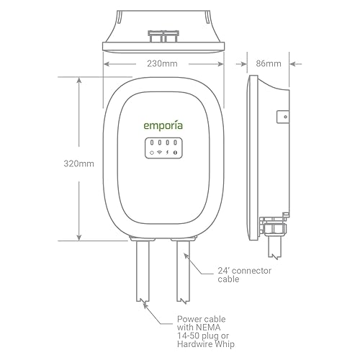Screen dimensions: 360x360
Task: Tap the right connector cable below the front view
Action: (x=182, y=274)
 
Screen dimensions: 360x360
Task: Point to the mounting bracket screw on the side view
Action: (x=285, y=116)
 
